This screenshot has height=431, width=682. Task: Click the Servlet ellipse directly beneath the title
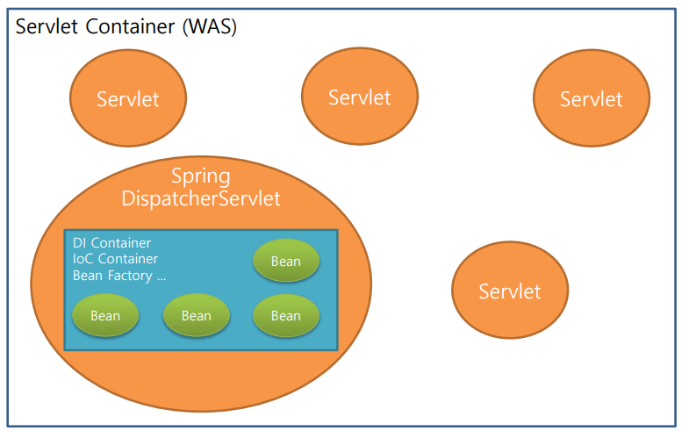pyautogui.click(x=128, y=98)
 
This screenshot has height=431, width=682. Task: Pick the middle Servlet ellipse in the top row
pyautogui.click(x=359, y=97)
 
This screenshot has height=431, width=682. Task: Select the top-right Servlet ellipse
pyautogui.click(x=592, y=98)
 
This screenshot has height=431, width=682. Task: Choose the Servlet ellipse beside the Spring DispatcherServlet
pyautogui.click(x=510, y=291)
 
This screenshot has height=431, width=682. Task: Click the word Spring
pyautogui.click(x=201, y=176)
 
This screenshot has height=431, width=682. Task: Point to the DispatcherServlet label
pyautogui.click(x=201, y=198)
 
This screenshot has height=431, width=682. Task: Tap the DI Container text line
pyautogui.click(x=111, y=243)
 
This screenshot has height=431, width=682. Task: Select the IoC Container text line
pyautogui.click(x=115, y=259)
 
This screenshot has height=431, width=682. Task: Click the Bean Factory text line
pyautogui.click(x=118, y=275)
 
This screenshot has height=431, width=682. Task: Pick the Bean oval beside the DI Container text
pyautogui.click(x=285, y=261)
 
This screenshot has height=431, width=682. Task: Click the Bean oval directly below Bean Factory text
pyautogui.click(x=105, y=315)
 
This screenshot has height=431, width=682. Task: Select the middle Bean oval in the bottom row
pyautogui.click(x=196, y=315)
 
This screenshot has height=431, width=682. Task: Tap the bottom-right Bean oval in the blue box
pyautogui.click(x=285, y=315)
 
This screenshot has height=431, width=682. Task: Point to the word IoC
pyautogui.click(x=83, y=259)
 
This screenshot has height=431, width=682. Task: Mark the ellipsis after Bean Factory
pyautogui.click(x=160, y=277)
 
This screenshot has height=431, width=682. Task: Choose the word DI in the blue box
pyautogui.click(x=80, y=243)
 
